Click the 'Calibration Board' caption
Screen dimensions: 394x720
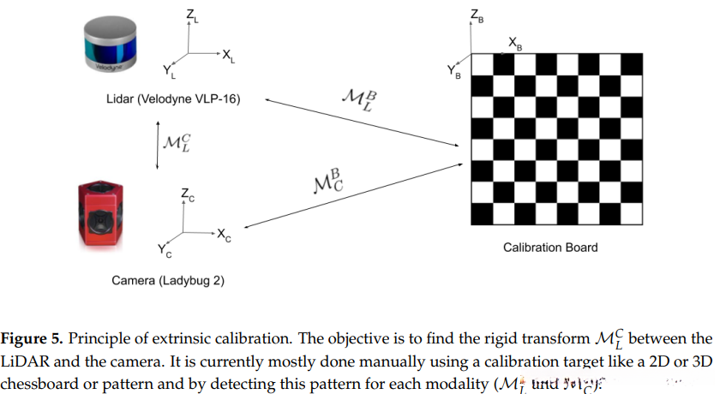550,248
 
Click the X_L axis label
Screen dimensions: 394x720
228,57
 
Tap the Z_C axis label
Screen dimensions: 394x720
187,196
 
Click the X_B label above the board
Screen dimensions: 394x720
513,41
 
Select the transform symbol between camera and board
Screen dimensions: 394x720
325,181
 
